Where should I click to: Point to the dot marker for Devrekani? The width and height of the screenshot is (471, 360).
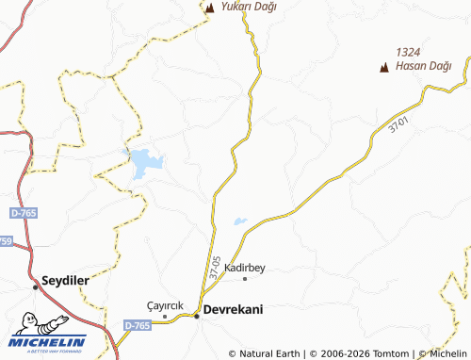pyautogui.click(x=197, y=316)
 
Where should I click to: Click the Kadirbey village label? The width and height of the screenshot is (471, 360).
pyautogui.click(x=245, y=268)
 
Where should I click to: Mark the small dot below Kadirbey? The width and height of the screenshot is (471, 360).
pyautogui.click(x=246, y=279)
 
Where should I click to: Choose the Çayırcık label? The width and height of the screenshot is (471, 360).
pyautogui.click(x=165, y=306)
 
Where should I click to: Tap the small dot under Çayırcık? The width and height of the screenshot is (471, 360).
pyautogui.click(x=164, y=317)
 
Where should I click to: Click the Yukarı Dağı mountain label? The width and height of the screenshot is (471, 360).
pyautogui.click(x=249, y=7)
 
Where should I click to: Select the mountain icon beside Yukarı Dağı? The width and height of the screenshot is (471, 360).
pyautogui.click(x=211, y=8)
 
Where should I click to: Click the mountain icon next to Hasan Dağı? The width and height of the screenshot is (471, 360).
pyautogui.click(x=383, y=67)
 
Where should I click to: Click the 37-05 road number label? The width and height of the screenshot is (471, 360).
pyautogui.click(x=217, y=265)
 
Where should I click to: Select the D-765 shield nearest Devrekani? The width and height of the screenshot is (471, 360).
pyautogui.click(x=136, y=324)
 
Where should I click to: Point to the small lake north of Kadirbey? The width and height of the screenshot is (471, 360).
pyautogui.click(x=240, y=222)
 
